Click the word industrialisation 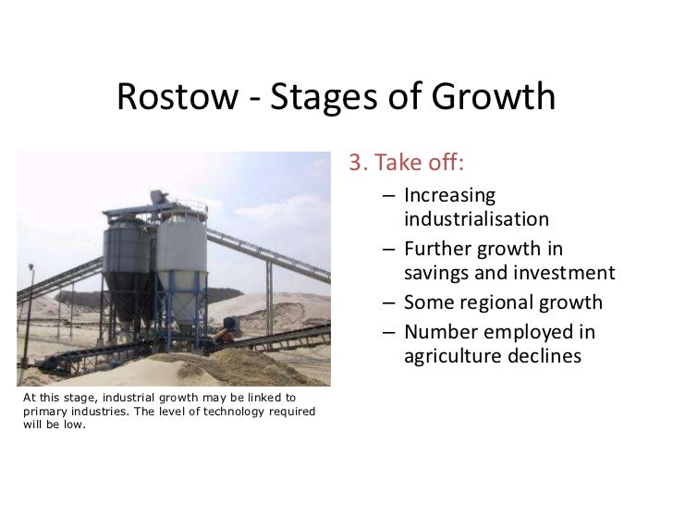[x=477, y=221]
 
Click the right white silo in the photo [x=176, y=254]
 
